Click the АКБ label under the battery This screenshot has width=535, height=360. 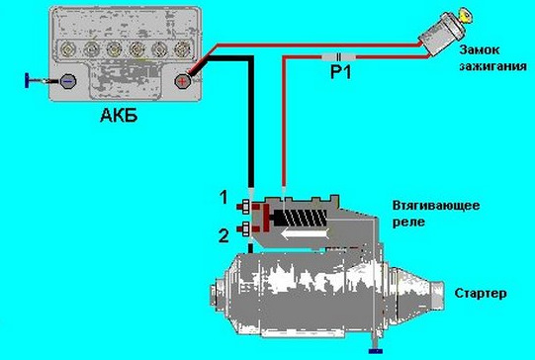[119, 116]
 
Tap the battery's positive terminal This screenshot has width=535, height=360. [182, 81]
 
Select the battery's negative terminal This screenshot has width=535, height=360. [68, 81]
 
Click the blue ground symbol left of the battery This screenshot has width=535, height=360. [27, 81]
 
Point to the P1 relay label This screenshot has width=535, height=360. [340, 72]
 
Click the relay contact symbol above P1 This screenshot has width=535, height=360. [339, 57]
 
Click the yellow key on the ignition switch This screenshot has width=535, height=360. [465, 17]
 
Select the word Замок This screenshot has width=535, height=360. [479, 49]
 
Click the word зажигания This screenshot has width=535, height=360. [492, 66]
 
